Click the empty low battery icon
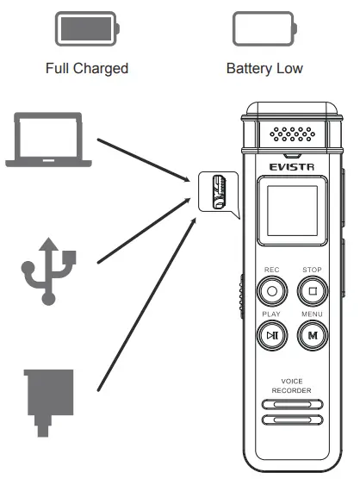(x=264, y=28)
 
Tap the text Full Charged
(x=87, y=67)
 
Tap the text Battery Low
(x=264, y=67)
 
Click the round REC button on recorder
(x=272, y=290)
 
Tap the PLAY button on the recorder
(x=272, y=335)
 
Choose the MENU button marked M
(x=313, y=335)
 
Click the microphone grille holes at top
(x=292, y=135)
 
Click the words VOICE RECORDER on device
(x=291, y=386)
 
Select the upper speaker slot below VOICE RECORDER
(x=291, y=404)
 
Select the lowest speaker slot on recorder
(x=291, y=420)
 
